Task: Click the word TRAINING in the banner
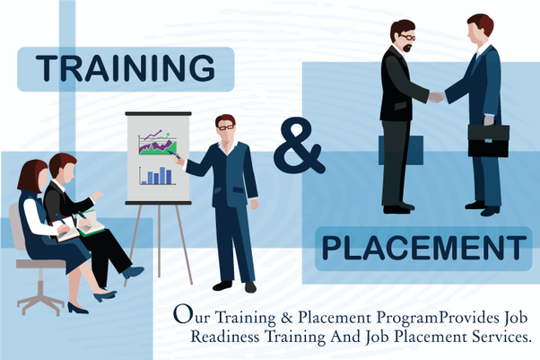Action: pos(126,68)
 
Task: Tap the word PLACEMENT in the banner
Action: pos(423,248)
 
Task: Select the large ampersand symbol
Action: pos(299,146)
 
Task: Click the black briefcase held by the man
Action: pos(488,140)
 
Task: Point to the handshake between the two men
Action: pos(436,97)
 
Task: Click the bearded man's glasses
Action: pos(407,37)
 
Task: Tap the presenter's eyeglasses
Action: pos(226,127)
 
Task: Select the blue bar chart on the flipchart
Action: pos(156,176)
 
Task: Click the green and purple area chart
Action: pos(157,143)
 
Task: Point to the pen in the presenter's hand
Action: pos(174,154)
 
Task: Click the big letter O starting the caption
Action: pos(182,314)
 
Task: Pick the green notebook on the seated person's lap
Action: pos(91,224)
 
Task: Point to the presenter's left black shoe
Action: pos(250,287)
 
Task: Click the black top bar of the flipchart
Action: pos(159,113)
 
